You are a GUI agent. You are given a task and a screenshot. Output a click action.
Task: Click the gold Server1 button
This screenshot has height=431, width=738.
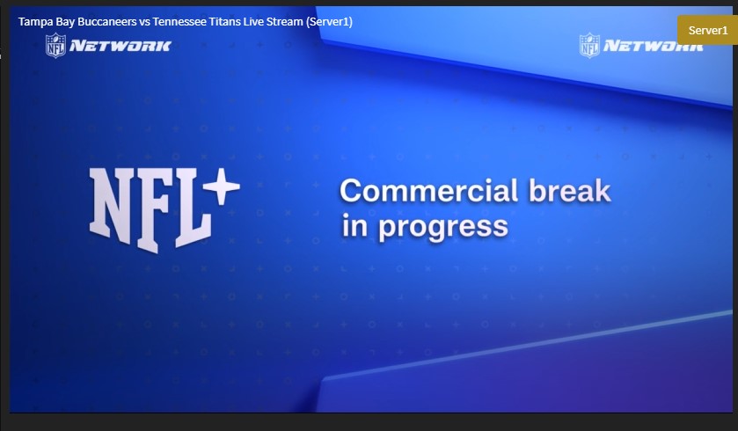707,30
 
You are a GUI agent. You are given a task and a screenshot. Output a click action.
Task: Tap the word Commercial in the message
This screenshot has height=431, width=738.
428,191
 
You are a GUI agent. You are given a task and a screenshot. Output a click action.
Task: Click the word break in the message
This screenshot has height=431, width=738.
569,190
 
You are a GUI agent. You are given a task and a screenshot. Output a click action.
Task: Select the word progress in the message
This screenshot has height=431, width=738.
443,227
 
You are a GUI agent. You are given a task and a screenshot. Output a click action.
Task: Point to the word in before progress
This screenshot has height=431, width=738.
354,225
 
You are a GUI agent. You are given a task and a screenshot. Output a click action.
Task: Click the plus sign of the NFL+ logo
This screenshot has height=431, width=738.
222,186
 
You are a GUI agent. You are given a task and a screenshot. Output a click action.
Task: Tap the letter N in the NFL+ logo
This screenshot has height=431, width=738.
110,206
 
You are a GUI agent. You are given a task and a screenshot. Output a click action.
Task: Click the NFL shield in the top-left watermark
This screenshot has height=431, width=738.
55,45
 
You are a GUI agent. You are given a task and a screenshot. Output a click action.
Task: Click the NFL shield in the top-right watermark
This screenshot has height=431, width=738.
589,45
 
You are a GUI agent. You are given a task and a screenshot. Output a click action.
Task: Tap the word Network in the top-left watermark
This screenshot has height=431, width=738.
120,46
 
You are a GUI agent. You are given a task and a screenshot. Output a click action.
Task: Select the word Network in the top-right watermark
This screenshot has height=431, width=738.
654,46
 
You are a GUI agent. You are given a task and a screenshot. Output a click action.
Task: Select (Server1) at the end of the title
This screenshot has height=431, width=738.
329,22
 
